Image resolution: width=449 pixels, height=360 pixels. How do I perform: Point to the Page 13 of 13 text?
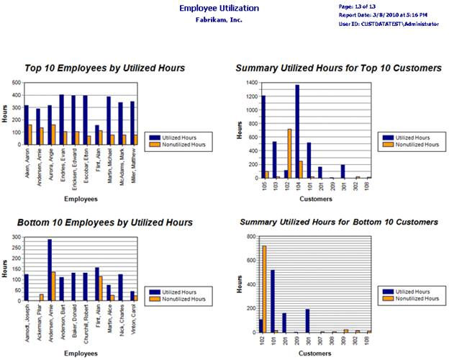pyautogui.click(x=357, y=6)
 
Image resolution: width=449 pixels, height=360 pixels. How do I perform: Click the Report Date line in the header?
pyautogui.click(x=382, y=14)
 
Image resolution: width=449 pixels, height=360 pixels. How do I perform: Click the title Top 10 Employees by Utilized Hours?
pyautogui.click(x=105, y=68)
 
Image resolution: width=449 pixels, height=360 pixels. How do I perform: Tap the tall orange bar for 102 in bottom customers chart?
pyautogui.click(x=264, y=289)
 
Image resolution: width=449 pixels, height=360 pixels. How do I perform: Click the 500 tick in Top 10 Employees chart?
pyautogui.click(x=16, y=83)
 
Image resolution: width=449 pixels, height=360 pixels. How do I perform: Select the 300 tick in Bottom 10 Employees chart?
pyautogui.click(x=16, y=238)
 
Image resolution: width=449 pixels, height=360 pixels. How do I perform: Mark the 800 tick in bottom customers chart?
pyautogui.click(x=253, y=237)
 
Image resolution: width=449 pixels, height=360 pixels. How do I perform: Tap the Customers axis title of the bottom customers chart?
pyautogui.click(x=315, y=354)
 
